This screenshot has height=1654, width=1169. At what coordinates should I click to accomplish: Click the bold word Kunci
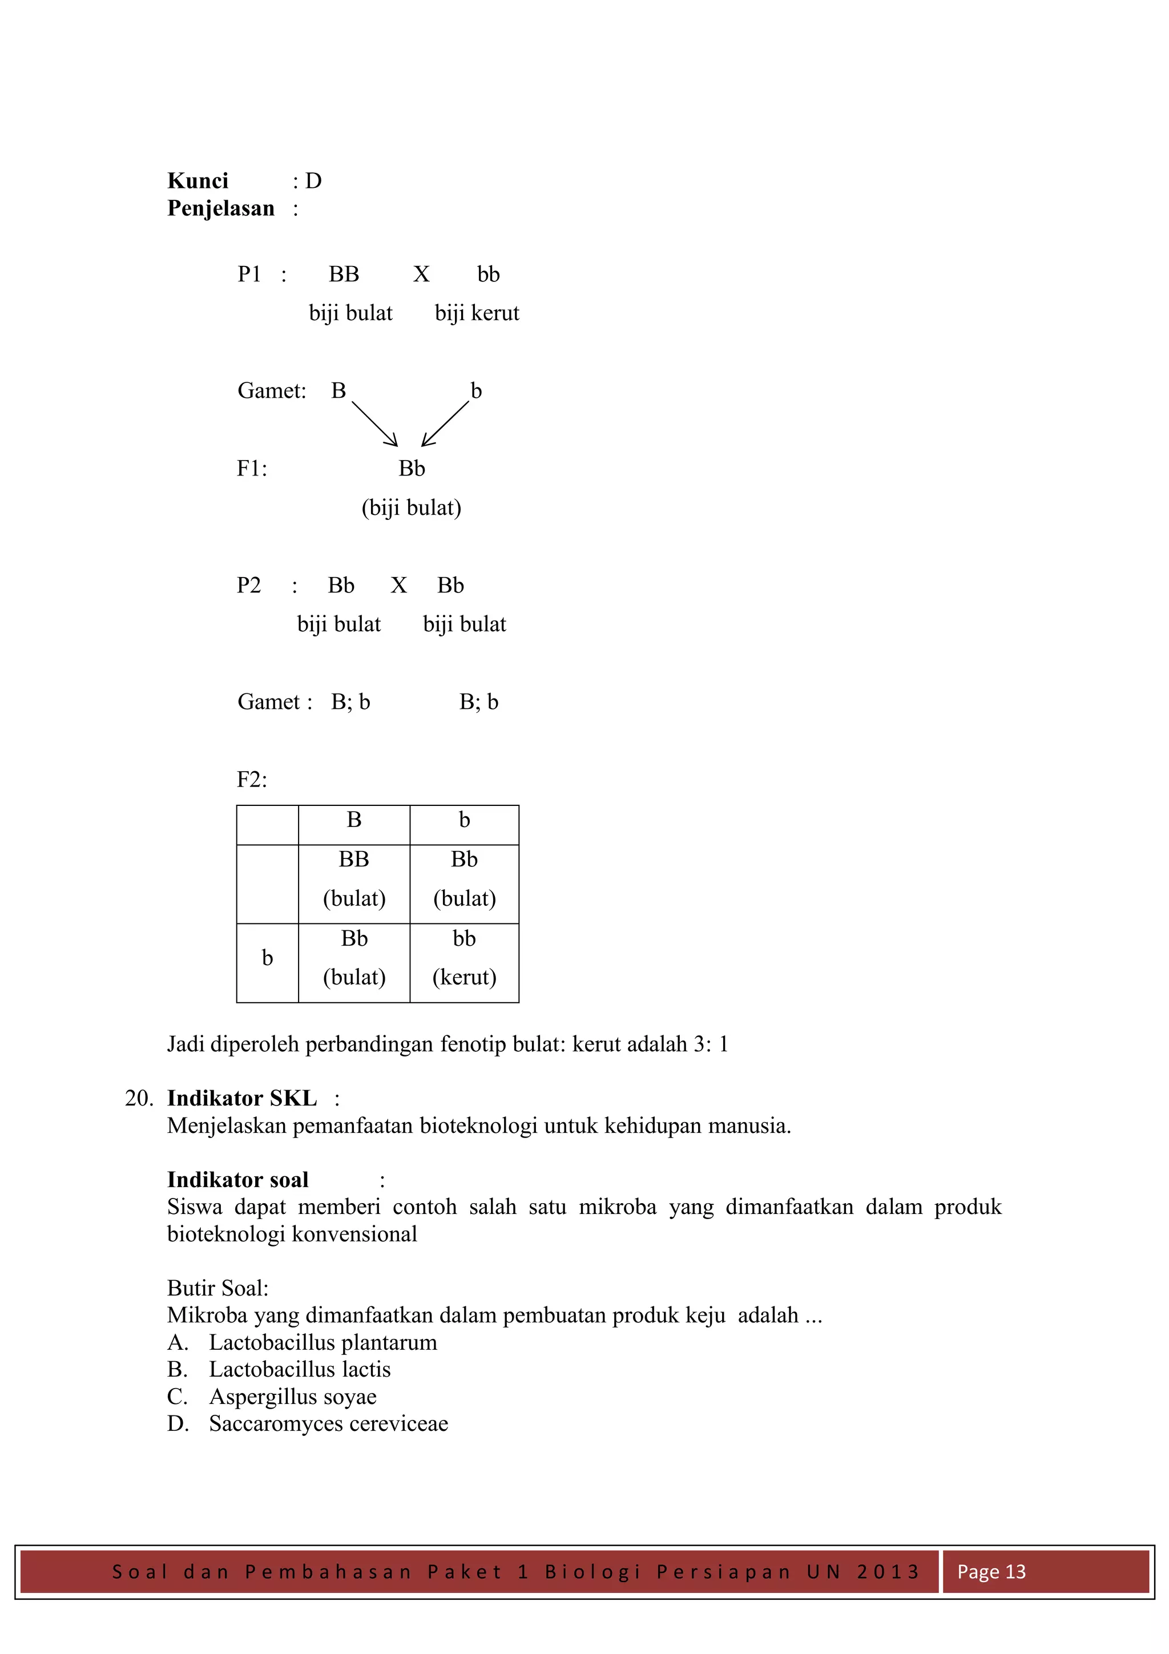[197, 181]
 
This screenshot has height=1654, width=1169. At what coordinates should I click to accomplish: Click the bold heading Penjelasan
[220, 208]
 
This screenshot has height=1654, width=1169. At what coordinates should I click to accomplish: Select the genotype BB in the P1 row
[344, 275]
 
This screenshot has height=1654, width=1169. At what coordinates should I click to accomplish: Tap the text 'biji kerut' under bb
[477, 313]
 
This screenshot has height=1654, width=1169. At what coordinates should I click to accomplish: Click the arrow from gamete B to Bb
[374, 424]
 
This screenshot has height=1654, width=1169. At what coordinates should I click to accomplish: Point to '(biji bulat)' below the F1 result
[412, 508]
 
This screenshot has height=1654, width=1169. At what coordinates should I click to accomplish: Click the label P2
[248, 585]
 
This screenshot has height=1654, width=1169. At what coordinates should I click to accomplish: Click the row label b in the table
[267, 958]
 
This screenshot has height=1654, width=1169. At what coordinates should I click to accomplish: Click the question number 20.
[138, 1099]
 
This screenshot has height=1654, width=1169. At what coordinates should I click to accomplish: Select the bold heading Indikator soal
[237, 1180]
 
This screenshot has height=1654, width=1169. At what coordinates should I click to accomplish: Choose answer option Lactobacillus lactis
[300, 1369]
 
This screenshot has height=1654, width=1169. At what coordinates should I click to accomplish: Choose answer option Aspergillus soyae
[292, 1397]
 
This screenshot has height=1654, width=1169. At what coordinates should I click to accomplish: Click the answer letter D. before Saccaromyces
[177, 1424]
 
